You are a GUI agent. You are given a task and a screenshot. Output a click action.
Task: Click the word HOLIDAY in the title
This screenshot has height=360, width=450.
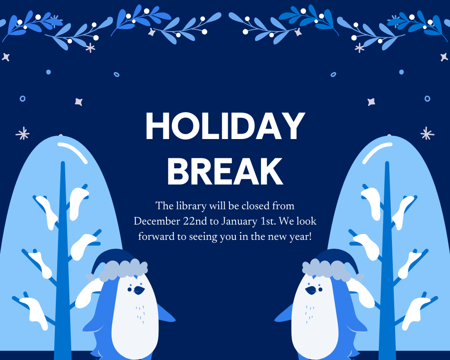(225, 127)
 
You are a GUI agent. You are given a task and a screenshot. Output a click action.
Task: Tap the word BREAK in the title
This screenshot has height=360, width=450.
(225, 171)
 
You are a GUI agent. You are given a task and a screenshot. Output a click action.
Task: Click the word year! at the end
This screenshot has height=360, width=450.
(301, 237)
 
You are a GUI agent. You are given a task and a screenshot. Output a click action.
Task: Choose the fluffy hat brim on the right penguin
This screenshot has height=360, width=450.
(327, 269)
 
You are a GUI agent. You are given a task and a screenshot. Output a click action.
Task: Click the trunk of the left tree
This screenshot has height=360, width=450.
(63, 270)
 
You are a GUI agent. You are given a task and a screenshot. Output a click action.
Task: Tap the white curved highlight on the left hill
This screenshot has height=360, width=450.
(73, 151)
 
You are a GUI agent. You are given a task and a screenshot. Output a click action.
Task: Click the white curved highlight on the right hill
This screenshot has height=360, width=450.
(377, 151)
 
